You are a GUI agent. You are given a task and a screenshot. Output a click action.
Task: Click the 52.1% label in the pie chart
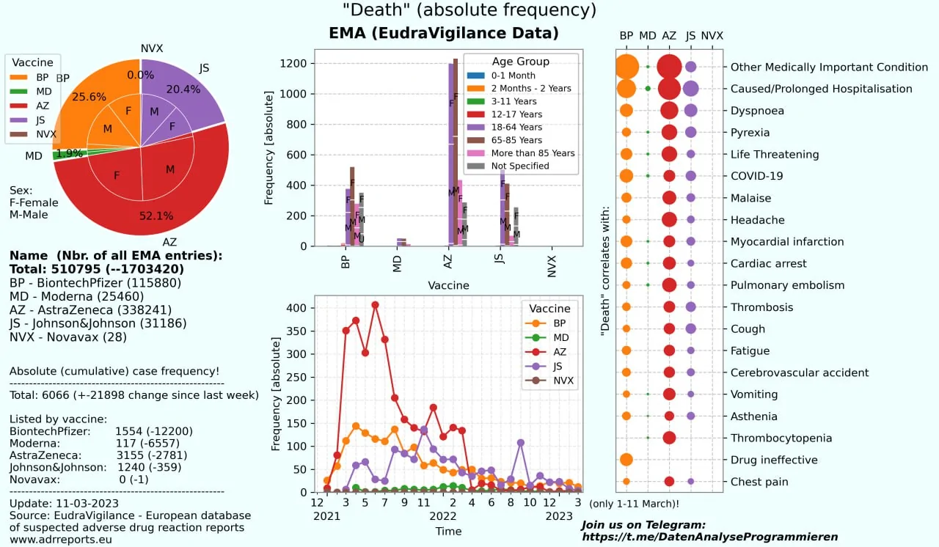(156, 216)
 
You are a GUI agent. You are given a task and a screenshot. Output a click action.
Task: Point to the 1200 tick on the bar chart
(294, 63)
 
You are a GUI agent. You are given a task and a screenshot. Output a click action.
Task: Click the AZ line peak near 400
(375, 304)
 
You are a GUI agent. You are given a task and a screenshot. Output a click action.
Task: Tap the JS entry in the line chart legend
(558, 367)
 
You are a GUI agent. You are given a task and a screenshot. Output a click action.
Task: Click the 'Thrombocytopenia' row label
(781, 438)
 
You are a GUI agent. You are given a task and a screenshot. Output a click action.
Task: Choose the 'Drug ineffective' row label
(773, 460)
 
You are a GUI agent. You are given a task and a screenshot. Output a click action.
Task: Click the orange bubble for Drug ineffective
(626, 460)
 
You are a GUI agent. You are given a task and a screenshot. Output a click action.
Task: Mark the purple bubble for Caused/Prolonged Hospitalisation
(690, 89)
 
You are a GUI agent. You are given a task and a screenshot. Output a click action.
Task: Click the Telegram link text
(709, 537)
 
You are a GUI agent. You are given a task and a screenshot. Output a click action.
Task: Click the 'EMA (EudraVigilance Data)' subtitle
(444, 33)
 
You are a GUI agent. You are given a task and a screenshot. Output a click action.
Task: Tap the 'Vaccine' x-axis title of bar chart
(448, 285)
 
